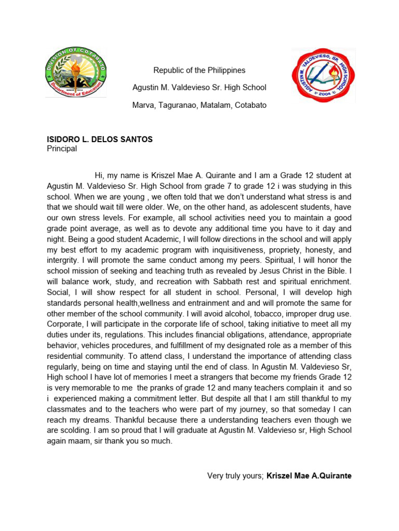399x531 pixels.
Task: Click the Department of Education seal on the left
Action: coord(75,73)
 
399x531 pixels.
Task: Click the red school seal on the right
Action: coord(323,75)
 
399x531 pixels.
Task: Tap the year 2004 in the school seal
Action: coord(323,95)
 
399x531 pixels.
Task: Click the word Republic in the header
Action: coord(168,71)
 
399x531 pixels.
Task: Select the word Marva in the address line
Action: coord(144,105)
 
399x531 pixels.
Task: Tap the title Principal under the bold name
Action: coord(62,149)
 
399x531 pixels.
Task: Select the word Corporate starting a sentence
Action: coord(64,324)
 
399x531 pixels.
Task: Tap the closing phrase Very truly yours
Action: coord(235,476)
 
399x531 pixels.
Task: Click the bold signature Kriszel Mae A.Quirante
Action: coord(309,476)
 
